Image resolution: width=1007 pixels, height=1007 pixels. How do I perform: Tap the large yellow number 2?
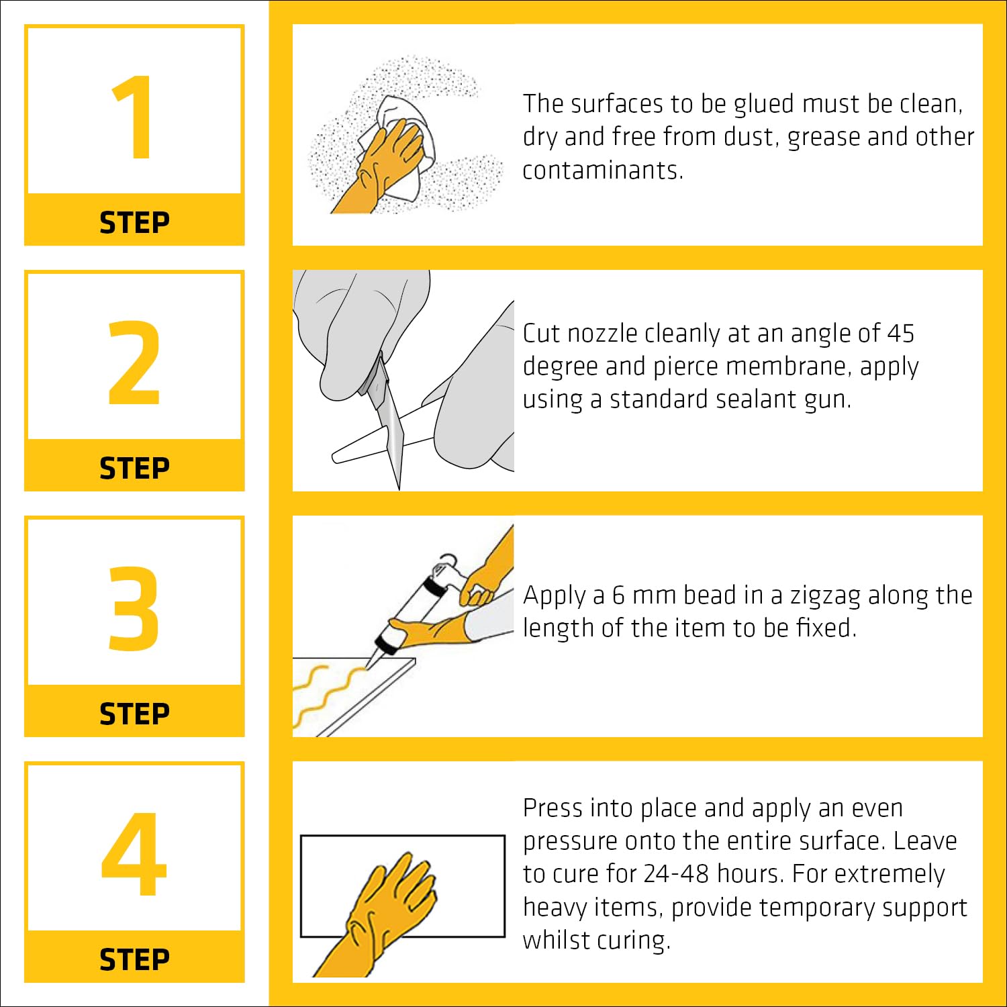click(134, 363)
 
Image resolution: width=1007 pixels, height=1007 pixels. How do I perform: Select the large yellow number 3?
click(134, 608)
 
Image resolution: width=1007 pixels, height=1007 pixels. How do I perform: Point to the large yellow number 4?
click(134, 853)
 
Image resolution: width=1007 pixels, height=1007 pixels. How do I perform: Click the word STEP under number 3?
click(134, 714)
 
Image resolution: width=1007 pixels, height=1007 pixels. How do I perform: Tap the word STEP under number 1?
click(134, 222)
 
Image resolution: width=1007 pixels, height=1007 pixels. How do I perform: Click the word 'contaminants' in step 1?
click(602, 171)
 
